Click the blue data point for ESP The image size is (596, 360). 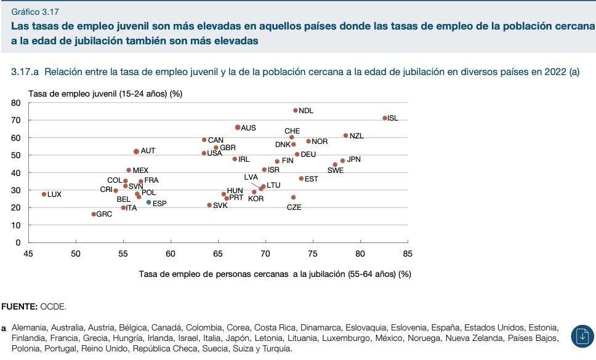[x=148, y=202]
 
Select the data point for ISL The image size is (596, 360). [x=385, y=118]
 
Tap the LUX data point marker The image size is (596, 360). [x=44, y=194]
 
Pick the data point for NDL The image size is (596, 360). [x=295, y=111]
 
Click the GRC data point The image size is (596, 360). [x=94, y=214]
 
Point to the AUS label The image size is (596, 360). [x=248, y=128]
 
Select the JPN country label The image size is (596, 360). [x=353, y=159]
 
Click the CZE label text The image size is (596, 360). [x=294, y=207]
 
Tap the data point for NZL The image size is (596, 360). [x=345, y=135]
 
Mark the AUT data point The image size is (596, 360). [x=136, y=151]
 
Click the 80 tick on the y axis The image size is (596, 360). [x=17, y=103]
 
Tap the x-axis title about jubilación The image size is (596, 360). [x=275, y=274]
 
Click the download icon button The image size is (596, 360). [x=581, y=335]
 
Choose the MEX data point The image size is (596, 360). [x=129, y=170]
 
